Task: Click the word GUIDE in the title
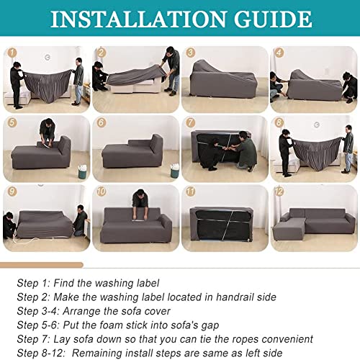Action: (x=273, y=19)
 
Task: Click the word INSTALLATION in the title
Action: (x=138, y=19)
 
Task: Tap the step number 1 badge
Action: (x=12, y=53)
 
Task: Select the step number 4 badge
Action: (x=279, y=53)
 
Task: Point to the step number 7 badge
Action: (x=190, y=122)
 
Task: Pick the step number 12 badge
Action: (x=279, y=192)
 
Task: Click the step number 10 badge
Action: (x=102, y=192)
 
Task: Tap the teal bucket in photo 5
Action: (x=82, y=171)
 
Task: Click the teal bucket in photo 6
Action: (x=174, y=171)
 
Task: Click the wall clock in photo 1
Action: (x=48, y=57)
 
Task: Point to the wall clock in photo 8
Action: (x=317, y=125)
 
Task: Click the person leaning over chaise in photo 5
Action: (x=48, y=132)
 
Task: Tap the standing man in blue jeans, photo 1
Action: (x=78, y=81)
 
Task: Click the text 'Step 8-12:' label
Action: (x=41, y=354)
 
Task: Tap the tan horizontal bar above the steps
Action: (x=42, y=265)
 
